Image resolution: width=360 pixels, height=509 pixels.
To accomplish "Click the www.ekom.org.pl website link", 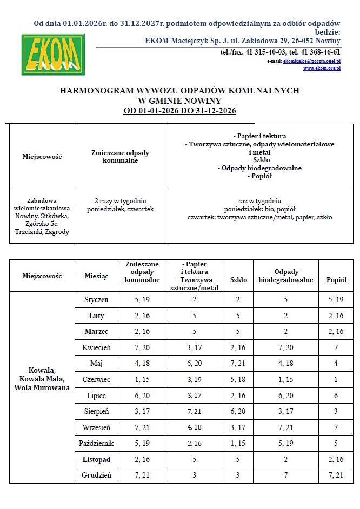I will pos(322,68).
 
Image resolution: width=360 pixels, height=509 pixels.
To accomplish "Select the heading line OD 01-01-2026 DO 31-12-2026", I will pos(179,111).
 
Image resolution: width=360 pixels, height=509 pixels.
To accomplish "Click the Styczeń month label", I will pos(96,299).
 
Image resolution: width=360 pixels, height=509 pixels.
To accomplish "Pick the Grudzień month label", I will pos(96,475).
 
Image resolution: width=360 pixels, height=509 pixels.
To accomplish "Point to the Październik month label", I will pos(96,444).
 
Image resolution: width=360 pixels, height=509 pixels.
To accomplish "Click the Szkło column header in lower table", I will pos(238,280).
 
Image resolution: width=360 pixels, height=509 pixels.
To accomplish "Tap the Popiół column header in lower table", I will pos(337,280).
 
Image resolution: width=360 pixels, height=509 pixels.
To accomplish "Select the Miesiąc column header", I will pos(96,276).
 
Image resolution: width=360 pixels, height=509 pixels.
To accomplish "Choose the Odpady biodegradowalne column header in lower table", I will pos(286,276).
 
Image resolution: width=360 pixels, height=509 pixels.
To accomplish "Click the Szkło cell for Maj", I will pos(238,363).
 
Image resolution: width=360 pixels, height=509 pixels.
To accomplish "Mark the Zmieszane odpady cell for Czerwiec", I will pos(142,379).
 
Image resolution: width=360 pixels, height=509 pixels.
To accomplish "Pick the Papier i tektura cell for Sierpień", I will pos(194,412).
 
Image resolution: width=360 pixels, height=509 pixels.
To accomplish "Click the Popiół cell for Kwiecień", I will pos(337,347).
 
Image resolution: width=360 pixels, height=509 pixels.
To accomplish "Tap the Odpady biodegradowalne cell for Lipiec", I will pos(286,396).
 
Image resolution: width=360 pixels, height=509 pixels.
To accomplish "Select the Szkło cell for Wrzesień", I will pos(238,427).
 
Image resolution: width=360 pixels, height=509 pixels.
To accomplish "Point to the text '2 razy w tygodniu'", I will pos(121,201).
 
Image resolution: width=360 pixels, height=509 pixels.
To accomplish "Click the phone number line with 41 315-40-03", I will pos(280,52).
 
